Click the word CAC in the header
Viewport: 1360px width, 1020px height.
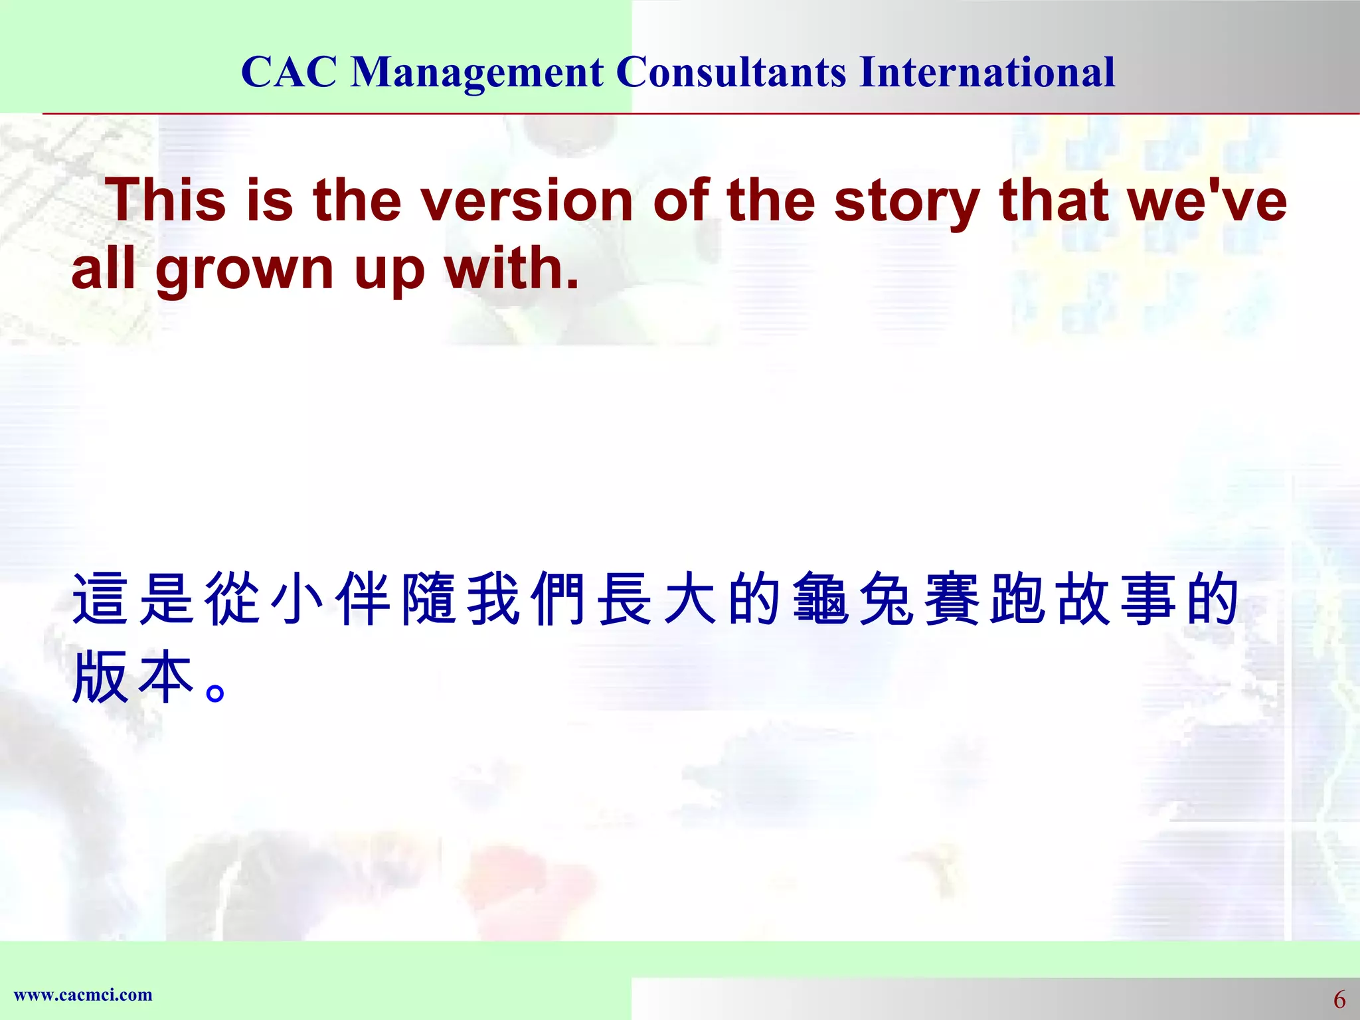[289, 72]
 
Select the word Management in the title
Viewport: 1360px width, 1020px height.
[477, 73]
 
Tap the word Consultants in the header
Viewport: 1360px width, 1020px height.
[731, 72]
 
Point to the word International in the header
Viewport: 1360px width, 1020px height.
[987, 72]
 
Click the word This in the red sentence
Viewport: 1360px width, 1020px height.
[169, 200]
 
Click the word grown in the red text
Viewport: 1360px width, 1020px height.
[244, 271]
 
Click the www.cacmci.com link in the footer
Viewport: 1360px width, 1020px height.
[83, 995]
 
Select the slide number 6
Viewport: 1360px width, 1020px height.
[1339, 999]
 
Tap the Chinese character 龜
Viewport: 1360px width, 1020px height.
[821, 599]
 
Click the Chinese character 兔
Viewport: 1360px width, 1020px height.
[887, 599]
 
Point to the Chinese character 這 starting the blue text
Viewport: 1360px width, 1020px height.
[100, 599]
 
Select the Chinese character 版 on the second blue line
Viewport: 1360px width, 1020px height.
[100, 677]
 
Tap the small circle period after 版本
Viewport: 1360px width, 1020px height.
[216, 693]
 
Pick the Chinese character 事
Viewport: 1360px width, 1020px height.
[1147, 599]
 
